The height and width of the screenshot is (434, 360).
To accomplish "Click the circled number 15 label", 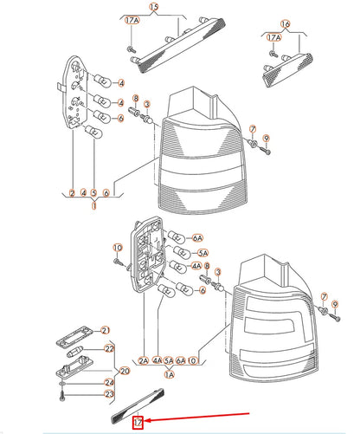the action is pos(154,7).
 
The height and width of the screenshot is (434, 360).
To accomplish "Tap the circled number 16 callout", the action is pos(285,24).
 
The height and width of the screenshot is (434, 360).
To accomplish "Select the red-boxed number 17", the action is pos(138,423).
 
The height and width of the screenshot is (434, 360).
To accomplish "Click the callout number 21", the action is pos(106,330).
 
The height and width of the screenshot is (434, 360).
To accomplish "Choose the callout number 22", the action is pos(109,348).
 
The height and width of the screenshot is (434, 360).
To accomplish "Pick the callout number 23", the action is pos(109,394).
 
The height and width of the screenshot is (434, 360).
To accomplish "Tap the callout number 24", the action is pos(109,383).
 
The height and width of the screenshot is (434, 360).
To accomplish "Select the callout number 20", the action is pos(125,371).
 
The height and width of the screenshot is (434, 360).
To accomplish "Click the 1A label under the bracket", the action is pos(170,374).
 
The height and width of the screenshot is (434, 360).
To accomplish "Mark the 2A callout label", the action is pos(144,360).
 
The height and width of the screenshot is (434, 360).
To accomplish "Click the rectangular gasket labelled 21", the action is pos(74,336).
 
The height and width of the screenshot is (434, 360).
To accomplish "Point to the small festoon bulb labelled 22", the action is pos(75,352).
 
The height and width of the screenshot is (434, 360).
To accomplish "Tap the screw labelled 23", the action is pos(63,395).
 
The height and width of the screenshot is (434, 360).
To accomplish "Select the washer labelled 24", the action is pos(63,384).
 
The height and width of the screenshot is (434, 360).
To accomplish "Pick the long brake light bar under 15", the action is pos(177,45).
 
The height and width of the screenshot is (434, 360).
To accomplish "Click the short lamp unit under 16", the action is pos(287,69).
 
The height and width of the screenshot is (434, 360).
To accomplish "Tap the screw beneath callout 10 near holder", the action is pos(119,262).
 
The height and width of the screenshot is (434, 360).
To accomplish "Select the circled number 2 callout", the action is pos(72,192).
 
